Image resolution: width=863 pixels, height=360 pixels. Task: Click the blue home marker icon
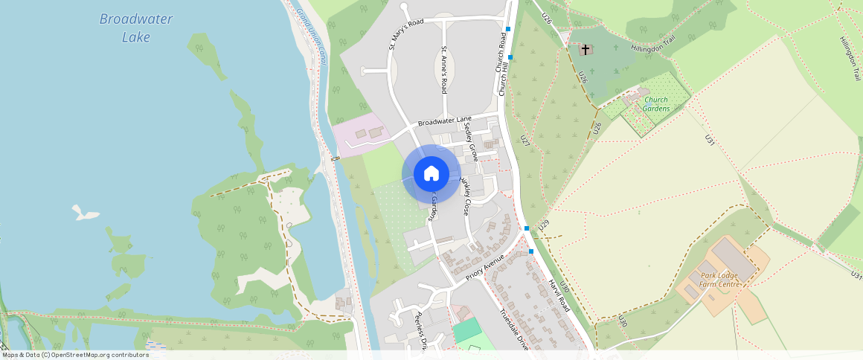pos(431,174)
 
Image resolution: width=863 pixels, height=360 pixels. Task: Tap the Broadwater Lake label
pos(135,28)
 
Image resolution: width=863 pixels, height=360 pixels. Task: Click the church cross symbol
pos(586,50)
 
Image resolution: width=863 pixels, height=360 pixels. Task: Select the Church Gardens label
pos(656,104)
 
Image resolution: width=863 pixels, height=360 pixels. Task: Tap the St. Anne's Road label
pos(443,70)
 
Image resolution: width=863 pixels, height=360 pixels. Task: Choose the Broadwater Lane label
pos(445,120)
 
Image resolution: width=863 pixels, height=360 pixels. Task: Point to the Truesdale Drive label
pos(513,328)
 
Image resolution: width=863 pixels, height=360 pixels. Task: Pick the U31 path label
pos(709,139)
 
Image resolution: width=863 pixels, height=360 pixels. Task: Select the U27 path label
pos(525,140)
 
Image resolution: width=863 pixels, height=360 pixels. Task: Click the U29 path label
pos(544,223)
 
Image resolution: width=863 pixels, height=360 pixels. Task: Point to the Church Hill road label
pos(504,78)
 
